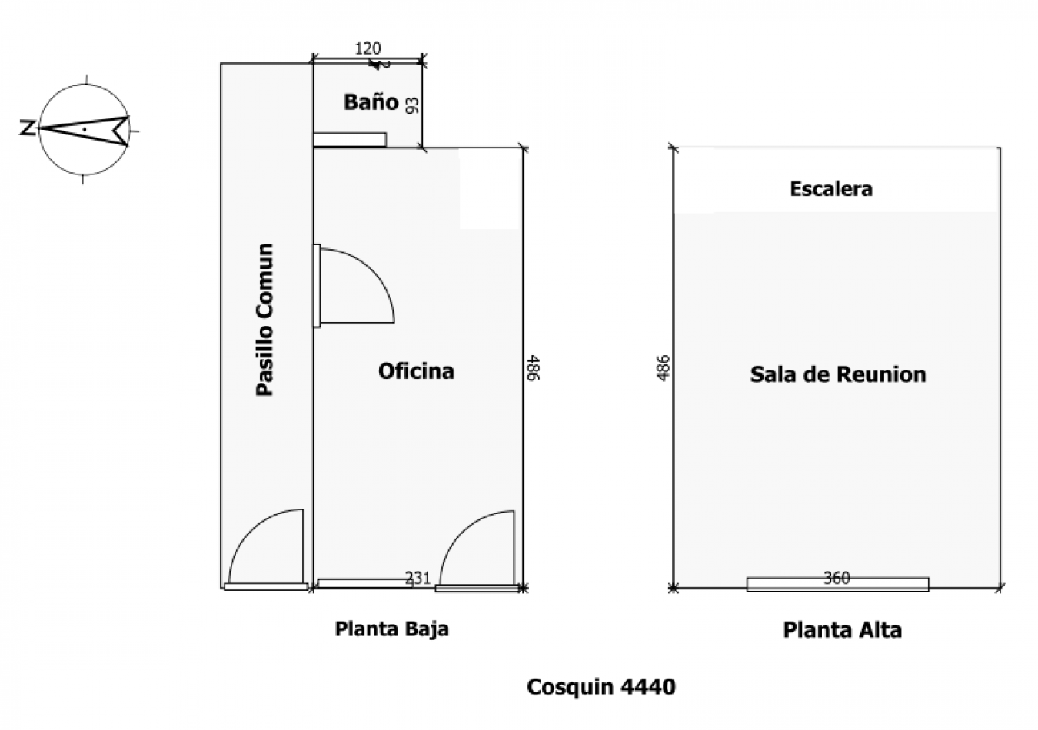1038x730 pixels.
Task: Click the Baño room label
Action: (371, 102)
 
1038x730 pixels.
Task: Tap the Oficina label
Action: (416, 371)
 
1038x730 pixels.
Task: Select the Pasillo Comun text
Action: (265, 320)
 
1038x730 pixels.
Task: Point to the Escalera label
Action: (831, 189)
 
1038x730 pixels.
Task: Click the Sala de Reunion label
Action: (838, 374)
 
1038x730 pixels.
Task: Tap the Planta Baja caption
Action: (392, 630)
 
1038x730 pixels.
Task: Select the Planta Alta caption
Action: (843, 630)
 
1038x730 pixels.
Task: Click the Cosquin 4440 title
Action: (601, 686)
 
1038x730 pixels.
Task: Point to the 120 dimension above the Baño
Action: (368, 48)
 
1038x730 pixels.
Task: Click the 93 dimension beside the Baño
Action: (411, 105)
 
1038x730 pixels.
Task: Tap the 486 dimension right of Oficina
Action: (534, 368)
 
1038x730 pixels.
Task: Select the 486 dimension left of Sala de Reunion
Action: (664, 368)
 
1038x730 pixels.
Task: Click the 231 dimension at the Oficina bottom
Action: (418, 578)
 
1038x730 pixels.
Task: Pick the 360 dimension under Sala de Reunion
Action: (837, 578)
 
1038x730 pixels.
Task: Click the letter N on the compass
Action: (28, 128)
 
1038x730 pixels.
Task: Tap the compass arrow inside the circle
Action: (85, 131)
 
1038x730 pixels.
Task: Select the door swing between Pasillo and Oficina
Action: (373, 269)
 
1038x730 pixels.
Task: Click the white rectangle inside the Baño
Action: (350, 140)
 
